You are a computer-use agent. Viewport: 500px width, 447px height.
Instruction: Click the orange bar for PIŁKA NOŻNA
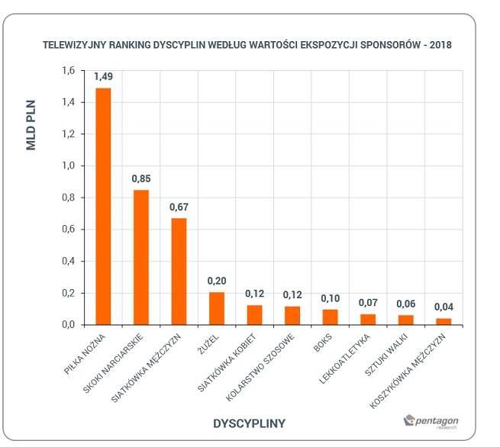[103, 207]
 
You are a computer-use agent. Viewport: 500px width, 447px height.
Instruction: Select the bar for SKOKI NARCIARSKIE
[141, 257]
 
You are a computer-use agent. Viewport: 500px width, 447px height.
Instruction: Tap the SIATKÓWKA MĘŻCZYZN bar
[179, 272]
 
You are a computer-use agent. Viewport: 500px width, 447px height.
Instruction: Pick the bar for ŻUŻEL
[217, 308]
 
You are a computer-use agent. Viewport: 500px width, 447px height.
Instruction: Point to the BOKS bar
[330, 317]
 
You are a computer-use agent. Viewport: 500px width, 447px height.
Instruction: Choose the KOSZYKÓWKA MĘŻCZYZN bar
[444, 321]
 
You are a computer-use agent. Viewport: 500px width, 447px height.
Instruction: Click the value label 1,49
[103, 76]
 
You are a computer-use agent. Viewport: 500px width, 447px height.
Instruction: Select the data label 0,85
[141, 178]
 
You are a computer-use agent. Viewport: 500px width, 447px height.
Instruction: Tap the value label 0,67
[179, 207]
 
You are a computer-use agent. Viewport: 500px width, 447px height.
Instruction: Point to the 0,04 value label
[444, 307]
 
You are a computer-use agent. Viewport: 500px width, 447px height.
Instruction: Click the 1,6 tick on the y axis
[68, 70]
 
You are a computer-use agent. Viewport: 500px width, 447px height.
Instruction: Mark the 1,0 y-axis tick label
[68, 166]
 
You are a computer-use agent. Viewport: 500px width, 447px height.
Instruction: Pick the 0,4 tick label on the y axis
[68, 261]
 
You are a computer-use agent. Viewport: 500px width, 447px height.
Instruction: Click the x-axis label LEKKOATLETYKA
[344, 359]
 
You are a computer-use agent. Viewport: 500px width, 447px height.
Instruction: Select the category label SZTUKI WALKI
[386, 355]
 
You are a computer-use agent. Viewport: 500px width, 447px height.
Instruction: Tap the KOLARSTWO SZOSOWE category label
[260, 368]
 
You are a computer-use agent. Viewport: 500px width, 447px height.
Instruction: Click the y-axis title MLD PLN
[31, 125]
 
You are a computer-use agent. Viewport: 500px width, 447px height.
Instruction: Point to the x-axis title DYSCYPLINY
[249, 423]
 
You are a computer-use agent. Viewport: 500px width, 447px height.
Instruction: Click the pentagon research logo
[431, 422]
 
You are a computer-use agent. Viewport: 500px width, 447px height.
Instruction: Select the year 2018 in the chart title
[440, 45]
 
